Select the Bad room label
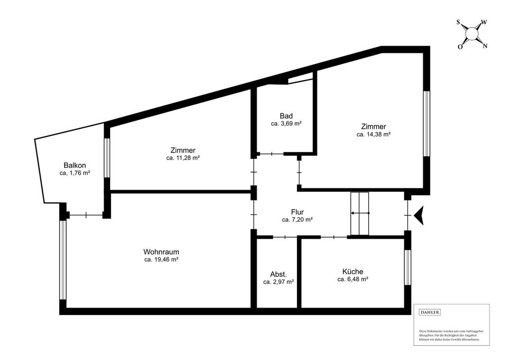coord(286,115)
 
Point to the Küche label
coord(352,271)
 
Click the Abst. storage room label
coord(278,274)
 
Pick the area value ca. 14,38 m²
coord(374,134)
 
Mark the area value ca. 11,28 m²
coord(183,158)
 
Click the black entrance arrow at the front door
coord(420,215)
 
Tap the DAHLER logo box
coord(429,312)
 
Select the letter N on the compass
coord(485,46)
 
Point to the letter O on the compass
coord(460,47)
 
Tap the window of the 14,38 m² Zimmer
coord(425,124)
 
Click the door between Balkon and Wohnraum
coord(86,215)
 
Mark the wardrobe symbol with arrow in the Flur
coord(359,213)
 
